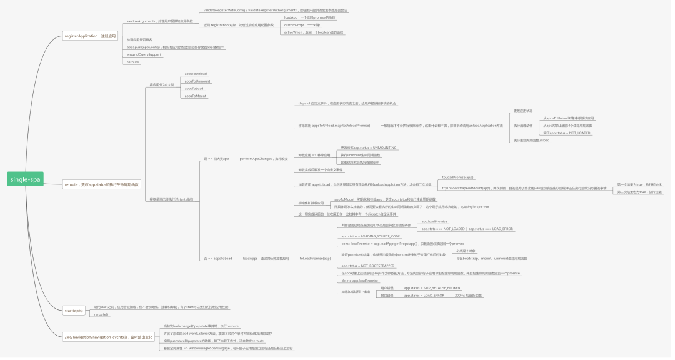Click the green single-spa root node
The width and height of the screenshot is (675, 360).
[x=25, y=180]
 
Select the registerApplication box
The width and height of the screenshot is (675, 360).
[x=91, y=36]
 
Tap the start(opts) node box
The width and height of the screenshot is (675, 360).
[x=74, y=310]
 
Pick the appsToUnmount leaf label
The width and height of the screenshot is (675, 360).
[x=197, y=81]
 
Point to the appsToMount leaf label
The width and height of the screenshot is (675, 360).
[x=195, y=96]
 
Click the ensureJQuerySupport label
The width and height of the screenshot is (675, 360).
[x=144, y=54]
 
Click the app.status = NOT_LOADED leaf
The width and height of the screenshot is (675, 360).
[x=567, y=132]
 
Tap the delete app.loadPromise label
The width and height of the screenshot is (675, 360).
[x=360, y=281]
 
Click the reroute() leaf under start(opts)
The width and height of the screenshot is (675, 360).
[x=101, y=314]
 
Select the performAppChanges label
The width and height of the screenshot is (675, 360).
[x=265, y=159]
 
